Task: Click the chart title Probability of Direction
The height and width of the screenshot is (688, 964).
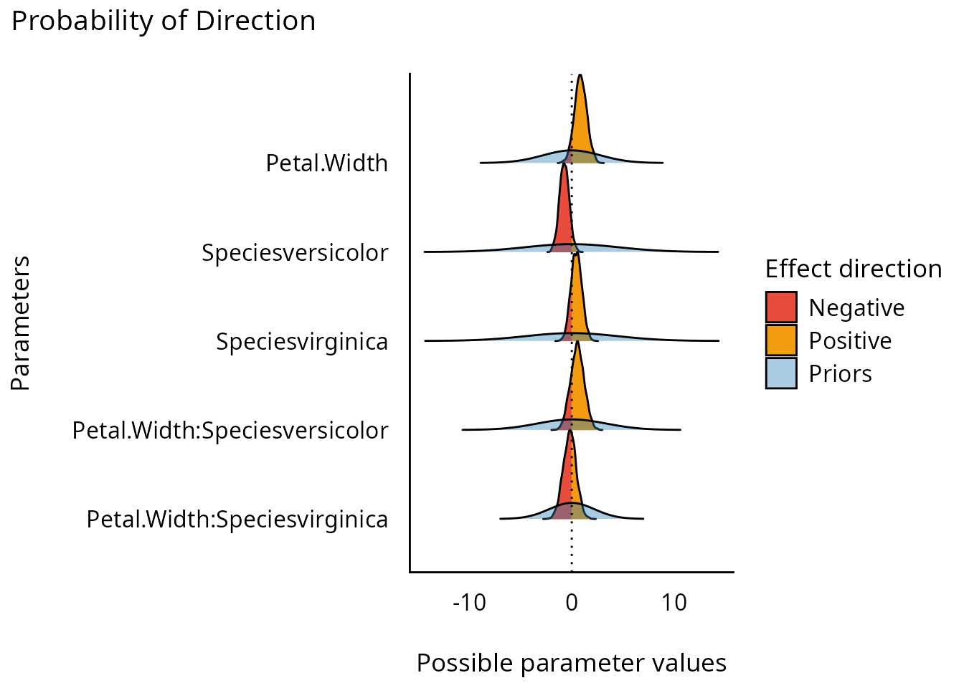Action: [x=164, y=21]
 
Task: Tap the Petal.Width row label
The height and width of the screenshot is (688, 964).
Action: [x=326, y=163]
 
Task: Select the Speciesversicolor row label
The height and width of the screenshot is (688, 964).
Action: [x=295, y=252]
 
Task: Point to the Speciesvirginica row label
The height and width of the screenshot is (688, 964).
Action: [x=302, y=341]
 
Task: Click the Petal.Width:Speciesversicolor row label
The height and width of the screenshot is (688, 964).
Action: [x=230, y=430]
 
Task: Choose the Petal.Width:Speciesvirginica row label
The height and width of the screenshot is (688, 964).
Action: [x=237, y=519]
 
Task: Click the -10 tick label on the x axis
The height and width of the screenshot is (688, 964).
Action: [x=469, y=603]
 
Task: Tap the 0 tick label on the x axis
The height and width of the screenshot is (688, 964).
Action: [x=572, y=603]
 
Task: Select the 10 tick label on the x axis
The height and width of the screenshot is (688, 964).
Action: [x=674, y=603]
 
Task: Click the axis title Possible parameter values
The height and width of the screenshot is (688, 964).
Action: [x=572, y=663]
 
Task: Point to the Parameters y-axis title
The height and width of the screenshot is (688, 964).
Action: [x=21, y=323]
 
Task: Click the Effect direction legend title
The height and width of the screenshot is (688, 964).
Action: [x=854, y=269]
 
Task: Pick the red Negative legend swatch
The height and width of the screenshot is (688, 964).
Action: [x=781, y=307]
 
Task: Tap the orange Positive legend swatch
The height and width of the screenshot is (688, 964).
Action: [x=781, y=340]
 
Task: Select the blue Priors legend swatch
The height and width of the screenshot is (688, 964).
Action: [x=781, y=373]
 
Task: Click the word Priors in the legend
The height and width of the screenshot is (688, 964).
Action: [x=840, y=373]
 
